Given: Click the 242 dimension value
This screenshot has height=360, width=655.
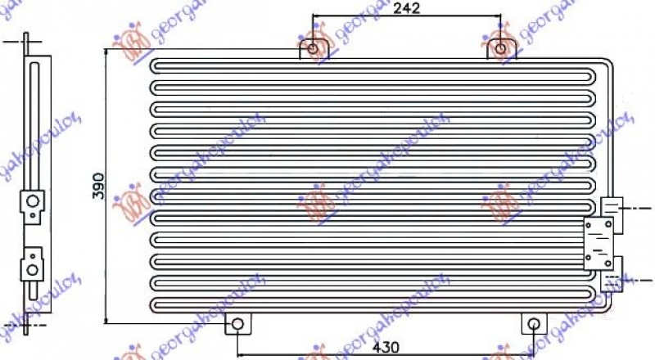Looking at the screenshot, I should tap(407, 9).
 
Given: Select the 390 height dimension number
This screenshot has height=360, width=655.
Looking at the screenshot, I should tap(97, 184).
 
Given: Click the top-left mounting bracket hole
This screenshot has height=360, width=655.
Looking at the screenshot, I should tap(314, 50).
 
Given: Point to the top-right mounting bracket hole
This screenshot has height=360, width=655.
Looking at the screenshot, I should tap(499, 50).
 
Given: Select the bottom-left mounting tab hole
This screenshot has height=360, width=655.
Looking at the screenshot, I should tap(237, 324).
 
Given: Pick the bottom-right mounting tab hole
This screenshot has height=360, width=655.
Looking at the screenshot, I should tap(533, 324).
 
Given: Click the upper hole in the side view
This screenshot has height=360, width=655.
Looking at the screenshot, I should tap(31, 201).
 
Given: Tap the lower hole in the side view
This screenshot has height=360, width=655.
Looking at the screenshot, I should tap(31, 267).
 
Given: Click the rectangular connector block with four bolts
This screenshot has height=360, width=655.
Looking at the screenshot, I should tap(599, 244).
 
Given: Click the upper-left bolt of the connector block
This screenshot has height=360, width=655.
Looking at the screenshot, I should tap(589, 224).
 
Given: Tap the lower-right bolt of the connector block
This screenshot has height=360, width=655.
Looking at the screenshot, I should tap(610, 263).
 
